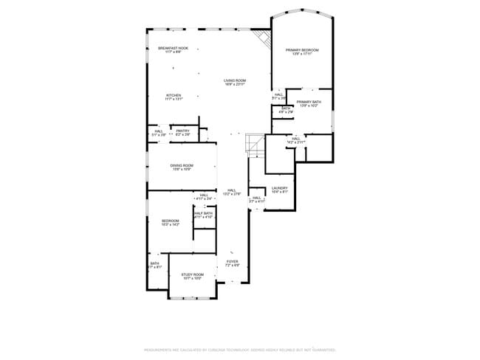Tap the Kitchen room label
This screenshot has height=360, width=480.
[x=174, y=97]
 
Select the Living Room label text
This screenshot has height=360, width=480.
[x=236, y=82]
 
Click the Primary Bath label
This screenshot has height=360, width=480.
[x=309, y=103]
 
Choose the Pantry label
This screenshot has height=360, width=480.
[x=183, y=133]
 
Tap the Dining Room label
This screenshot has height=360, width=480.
[x=182, y=167]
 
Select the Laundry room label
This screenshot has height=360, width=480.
[x=279, y=190]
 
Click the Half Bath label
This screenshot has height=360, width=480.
[x=203, y=215]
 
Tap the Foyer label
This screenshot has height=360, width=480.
[x=232, y=263]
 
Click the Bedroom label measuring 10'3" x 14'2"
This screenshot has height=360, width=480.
[x=171, y=222]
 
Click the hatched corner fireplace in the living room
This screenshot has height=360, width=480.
[x=263, y=38]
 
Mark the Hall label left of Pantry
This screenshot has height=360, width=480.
[x=159, y=133]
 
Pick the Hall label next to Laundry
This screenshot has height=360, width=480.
[x=257, y=198]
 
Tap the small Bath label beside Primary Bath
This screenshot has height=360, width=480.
[x=285, y=110]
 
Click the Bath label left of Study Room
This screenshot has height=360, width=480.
[x=155, y=265]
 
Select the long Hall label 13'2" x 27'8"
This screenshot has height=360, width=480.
[x=232, y=192]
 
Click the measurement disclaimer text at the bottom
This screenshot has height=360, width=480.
[x=240, y=350]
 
